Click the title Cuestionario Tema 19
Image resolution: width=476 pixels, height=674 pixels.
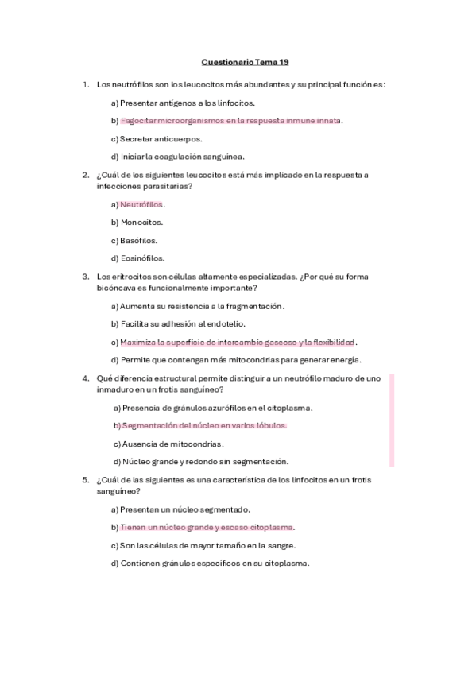(245, 61)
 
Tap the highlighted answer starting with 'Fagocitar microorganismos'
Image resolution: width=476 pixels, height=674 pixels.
(230, 121)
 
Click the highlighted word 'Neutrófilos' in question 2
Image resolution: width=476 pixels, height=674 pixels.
(141, 204)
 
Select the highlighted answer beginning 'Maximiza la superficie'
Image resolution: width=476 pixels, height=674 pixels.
(237, 342)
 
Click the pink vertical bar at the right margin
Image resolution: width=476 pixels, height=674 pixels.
(391, 420)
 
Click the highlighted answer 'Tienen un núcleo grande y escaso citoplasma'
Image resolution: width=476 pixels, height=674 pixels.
(207, 527)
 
